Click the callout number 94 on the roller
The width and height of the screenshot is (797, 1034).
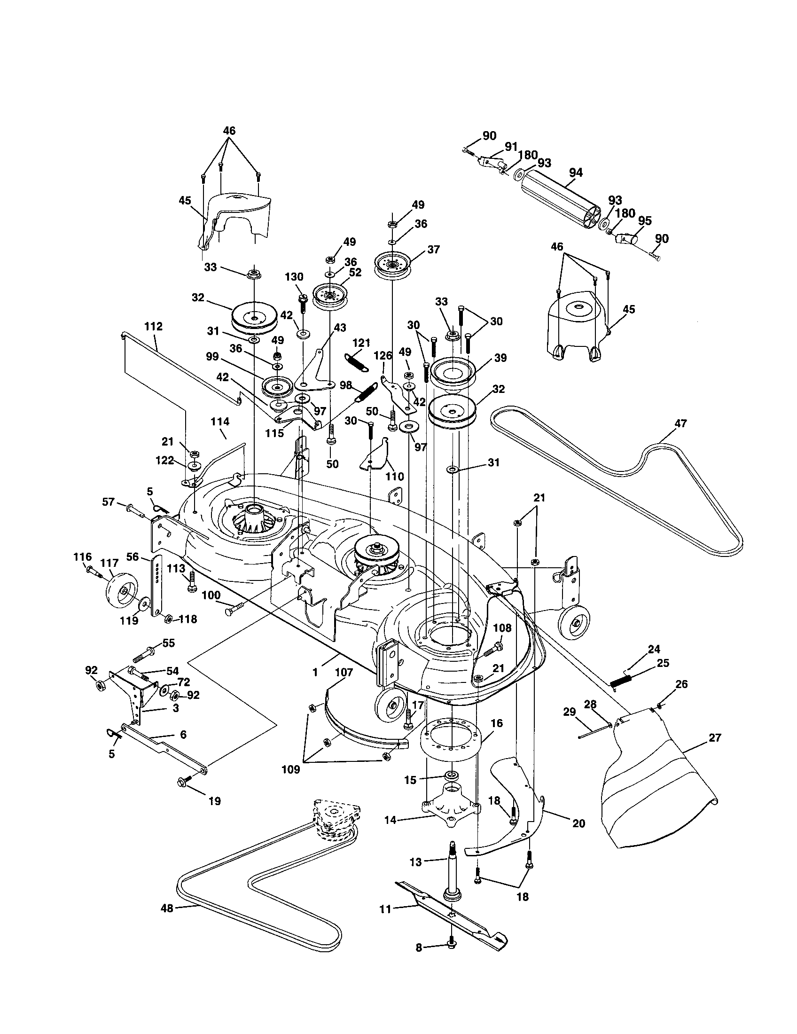click(575, 173)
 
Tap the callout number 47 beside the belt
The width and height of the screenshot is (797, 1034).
click(680, 423)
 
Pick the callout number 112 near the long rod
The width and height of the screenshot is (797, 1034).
click(153, 326)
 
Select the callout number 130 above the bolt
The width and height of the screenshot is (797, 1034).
click(294, 276)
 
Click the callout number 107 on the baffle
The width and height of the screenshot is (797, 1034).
click(344, 672)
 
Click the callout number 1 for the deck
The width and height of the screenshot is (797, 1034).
click(316, 671)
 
